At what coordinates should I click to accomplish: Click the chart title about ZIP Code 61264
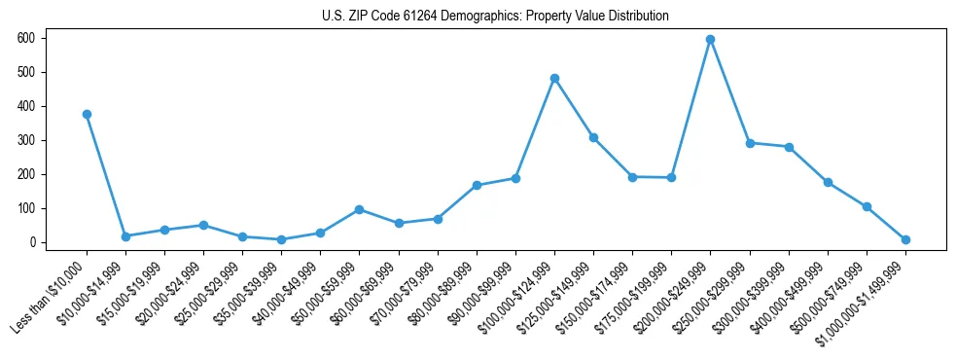click(495, 16)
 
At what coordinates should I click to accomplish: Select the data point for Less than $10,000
click(87, 114)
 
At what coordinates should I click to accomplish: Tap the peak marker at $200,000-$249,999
click(710, 39)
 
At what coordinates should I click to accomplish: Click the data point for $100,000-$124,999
click(554, 78)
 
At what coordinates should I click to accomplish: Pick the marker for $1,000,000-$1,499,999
click(905, 239)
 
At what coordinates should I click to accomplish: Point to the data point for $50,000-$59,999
click(359, 209)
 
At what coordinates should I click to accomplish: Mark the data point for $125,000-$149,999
click(593, 137)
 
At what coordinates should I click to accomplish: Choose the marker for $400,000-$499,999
click(828, 182)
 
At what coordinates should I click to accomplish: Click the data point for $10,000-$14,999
click(125, 236)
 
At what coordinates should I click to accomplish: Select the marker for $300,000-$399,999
click(789, 147)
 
